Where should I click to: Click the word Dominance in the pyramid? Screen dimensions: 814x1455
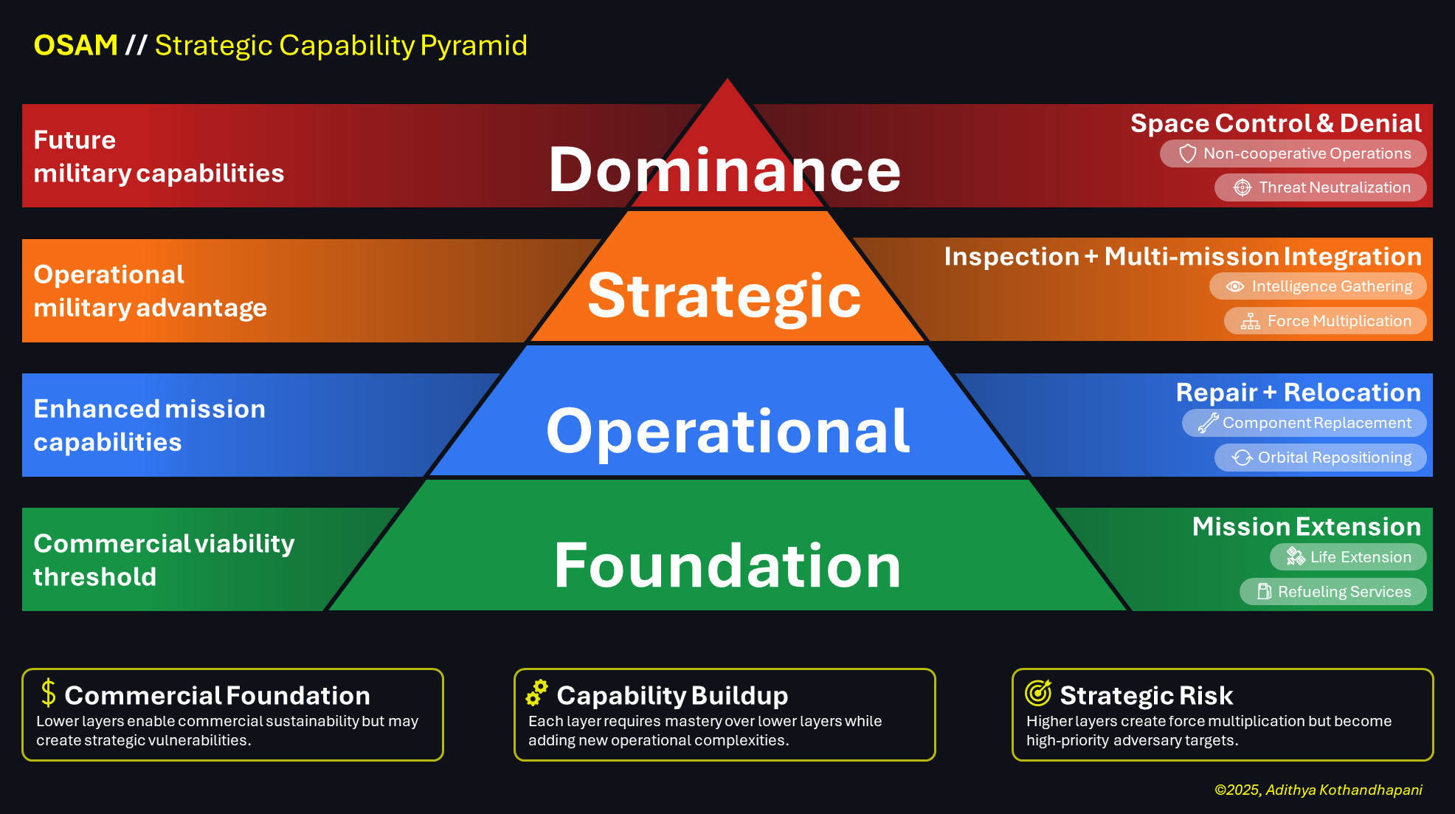[725, 170]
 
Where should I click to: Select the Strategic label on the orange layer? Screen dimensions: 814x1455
[725, 295]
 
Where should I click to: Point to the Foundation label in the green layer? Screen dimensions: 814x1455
[727, 565]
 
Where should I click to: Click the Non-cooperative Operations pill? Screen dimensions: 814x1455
[1293, 154]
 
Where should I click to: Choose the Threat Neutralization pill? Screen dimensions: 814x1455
[1320, 187]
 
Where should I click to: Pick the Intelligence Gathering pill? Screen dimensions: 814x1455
[1318, 286]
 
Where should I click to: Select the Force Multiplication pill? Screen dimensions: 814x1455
[1325, 321]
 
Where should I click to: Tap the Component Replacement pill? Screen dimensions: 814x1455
[1304, 423]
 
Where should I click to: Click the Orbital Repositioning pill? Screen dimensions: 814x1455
[1320, 458]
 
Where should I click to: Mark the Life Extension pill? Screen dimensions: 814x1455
[1347, 557]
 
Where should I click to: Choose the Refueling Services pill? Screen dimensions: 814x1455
[1333, 592]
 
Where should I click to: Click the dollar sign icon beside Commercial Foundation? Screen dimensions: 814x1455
[49, 693]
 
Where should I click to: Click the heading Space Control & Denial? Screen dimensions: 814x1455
[1276, 123]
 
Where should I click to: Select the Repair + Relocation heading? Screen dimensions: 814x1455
[1298, 393]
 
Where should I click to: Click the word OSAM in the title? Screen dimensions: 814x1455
[75, 46]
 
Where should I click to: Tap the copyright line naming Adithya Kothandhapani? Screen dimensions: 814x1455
[1318, 790]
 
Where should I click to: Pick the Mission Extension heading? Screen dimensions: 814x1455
[1306, 527]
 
